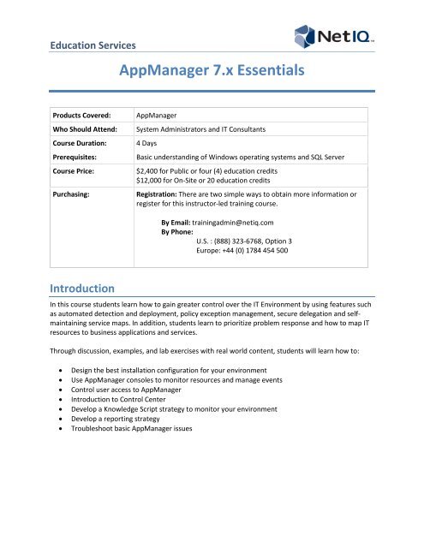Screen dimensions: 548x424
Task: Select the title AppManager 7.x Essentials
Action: (212, 79)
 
